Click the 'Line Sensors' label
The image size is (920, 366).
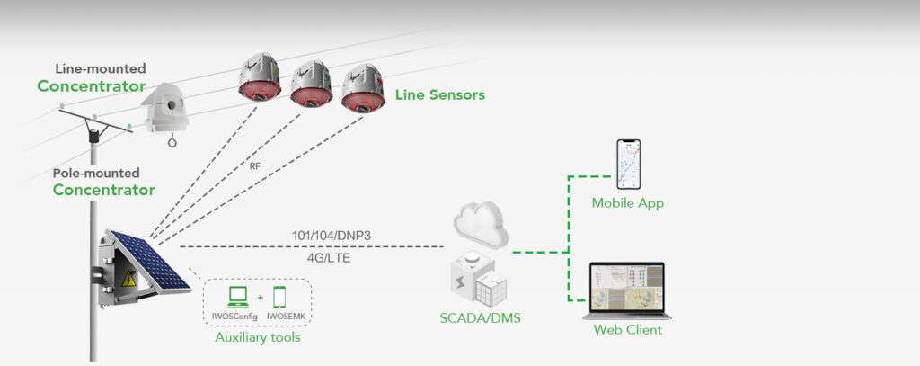pyautogui.click(x=440, y=94)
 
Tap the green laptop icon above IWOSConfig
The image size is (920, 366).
pyautogui.click(x=239, y=295)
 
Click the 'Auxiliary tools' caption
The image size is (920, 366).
pyautogui.click(x=258, y=337)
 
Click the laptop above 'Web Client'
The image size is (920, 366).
pyautogui.click(x=626, y=289)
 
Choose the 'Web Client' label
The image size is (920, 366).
pyautogui.click(x=627, y=330)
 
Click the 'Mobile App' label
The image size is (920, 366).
pyautogui.click(x=627, y=203)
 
